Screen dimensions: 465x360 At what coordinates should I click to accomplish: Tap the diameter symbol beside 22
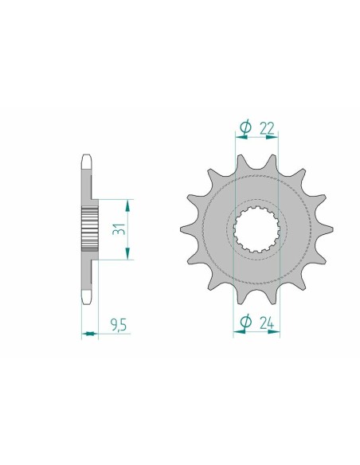pyautogui.click(x=245, y=126)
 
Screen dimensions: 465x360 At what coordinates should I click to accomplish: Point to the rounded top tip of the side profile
pyautogui.click(x=88, y=158)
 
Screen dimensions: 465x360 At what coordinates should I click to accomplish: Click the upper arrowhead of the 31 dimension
pyautogui.click(x=127, y=202)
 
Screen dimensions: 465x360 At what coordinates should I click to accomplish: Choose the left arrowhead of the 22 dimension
pyautogui.click(x=237, y=136)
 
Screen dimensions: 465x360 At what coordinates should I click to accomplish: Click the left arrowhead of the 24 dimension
pyautogui.click(x=237, y=334)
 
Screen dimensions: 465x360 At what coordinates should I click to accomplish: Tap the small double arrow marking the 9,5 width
pyautogui.click(x=88, y=334)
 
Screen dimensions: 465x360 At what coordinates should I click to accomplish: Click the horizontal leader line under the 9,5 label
pyautogui.click(x=112, y=334)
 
